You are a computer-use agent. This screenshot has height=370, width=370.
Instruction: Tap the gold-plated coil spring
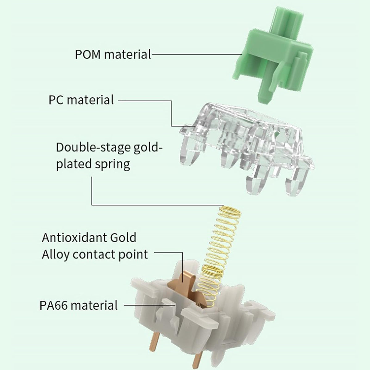point(221,257)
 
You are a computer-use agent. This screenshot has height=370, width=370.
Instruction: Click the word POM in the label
point(88,54)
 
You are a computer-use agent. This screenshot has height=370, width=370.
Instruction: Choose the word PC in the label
point(56,100)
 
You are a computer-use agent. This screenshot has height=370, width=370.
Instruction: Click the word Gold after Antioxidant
point(123,237)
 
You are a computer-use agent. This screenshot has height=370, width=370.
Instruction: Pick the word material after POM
point(127,54)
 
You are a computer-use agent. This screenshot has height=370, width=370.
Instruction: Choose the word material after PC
point(90,100)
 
